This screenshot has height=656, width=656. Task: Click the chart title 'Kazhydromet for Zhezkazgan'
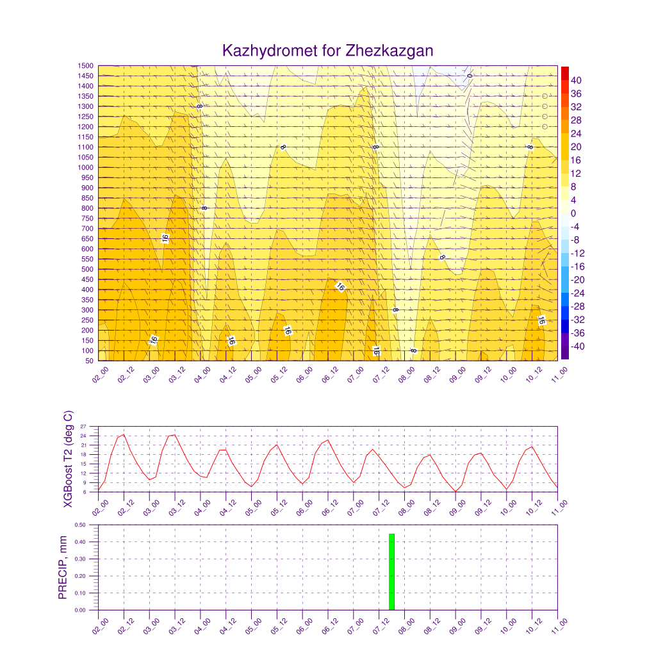tap(327, 51)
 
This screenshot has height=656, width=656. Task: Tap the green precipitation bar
tap(391, 571)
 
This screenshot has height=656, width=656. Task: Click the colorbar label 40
tap(576, 80)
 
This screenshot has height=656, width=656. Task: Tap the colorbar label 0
tap(573, 213)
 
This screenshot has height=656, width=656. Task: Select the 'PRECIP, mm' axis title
tap(63, 568)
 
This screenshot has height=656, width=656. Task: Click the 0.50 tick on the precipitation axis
tap(80, 525)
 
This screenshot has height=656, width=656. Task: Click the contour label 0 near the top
tap(470, 76)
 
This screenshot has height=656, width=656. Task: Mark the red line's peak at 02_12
tap(124, 434)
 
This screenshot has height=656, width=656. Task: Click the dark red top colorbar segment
tap(564, 72)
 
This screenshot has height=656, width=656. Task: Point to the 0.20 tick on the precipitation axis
tap(80, 576)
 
